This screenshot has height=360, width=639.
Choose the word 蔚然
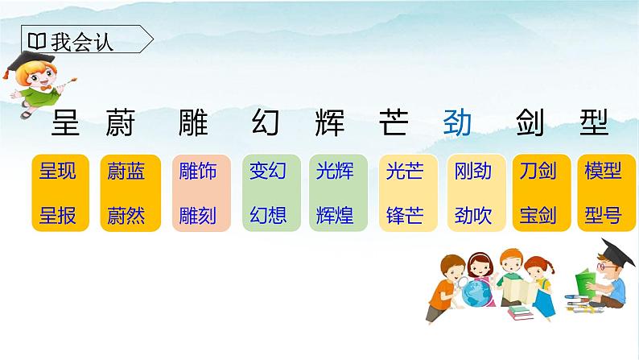coord(126,216)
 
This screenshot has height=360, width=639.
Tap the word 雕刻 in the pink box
coord(193,216)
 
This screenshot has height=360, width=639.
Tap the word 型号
coord(602,216)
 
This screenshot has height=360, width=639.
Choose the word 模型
coord(602,171)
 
